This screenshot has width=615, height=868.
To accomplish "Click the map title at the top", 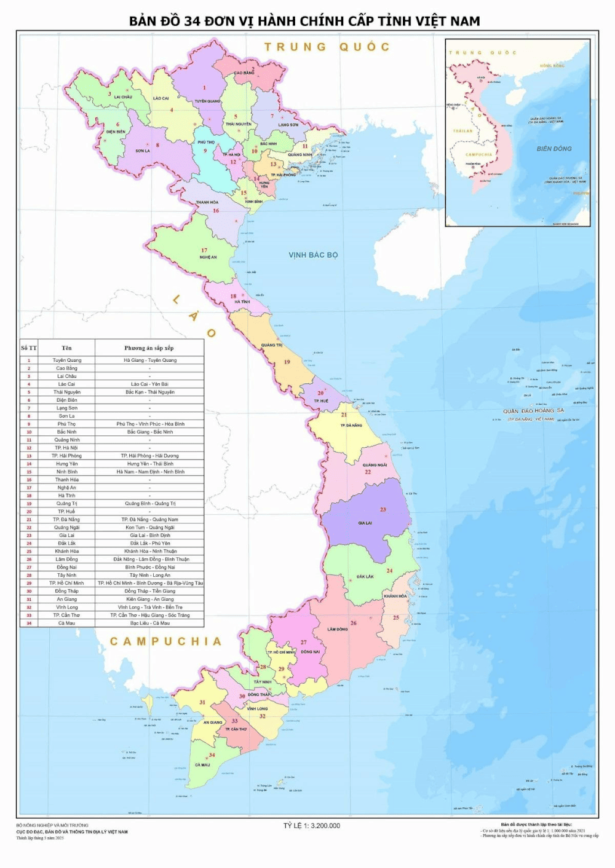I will [304, 21].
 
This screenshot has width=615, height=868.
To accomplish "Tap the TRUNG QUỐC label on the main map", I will [327, 47].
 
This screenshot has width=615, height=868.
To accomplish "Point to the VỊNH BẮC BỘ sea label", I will [313, 255].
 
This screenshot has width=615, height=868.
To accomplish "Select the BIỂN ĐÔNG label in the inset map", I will [553, 149].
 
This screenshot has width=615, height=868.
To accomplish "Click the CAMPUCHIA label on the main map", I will [165, 641].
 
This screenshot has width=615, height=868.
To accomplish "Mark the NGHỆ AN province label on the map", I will [208, 257].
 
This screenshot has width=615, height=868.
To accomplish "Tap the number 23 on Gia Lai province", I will [383, 510].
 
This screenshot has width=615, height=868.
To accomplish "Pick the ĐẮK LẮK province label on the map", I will [365, 577].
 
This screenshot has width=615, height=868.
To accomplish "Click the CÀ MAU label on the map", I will [202, 765].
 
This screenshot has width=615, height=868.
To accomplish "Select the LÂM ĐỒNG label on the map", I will [338, 629].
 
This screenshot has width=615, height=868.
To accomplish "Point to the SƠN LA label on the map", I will [143, 151].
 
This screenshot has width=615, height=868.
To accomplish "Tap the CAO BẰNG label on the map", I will [244, 73].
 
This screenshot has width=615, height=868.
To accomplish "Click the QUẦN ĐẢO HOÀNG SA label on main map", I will [533, 410].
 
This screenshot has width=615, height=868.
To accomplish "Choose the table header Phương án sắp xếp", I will [149, 348].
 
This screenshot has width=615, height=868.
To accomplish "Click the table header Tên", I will [66, 348].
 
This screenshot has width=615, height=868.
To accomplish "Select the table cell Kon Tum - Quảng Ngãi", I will [149, 527].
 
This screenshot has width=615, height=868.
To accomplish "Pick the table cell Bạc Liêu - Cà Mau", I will [149, 623].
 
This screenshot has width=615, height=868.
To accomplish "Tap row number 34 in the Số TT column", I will [29, 623].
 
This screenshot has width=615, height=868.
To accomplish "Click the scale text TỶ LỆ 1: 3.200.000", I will [311, 826].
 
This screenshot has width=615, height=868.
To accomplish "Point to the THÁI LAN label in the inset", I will [463, 131].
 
